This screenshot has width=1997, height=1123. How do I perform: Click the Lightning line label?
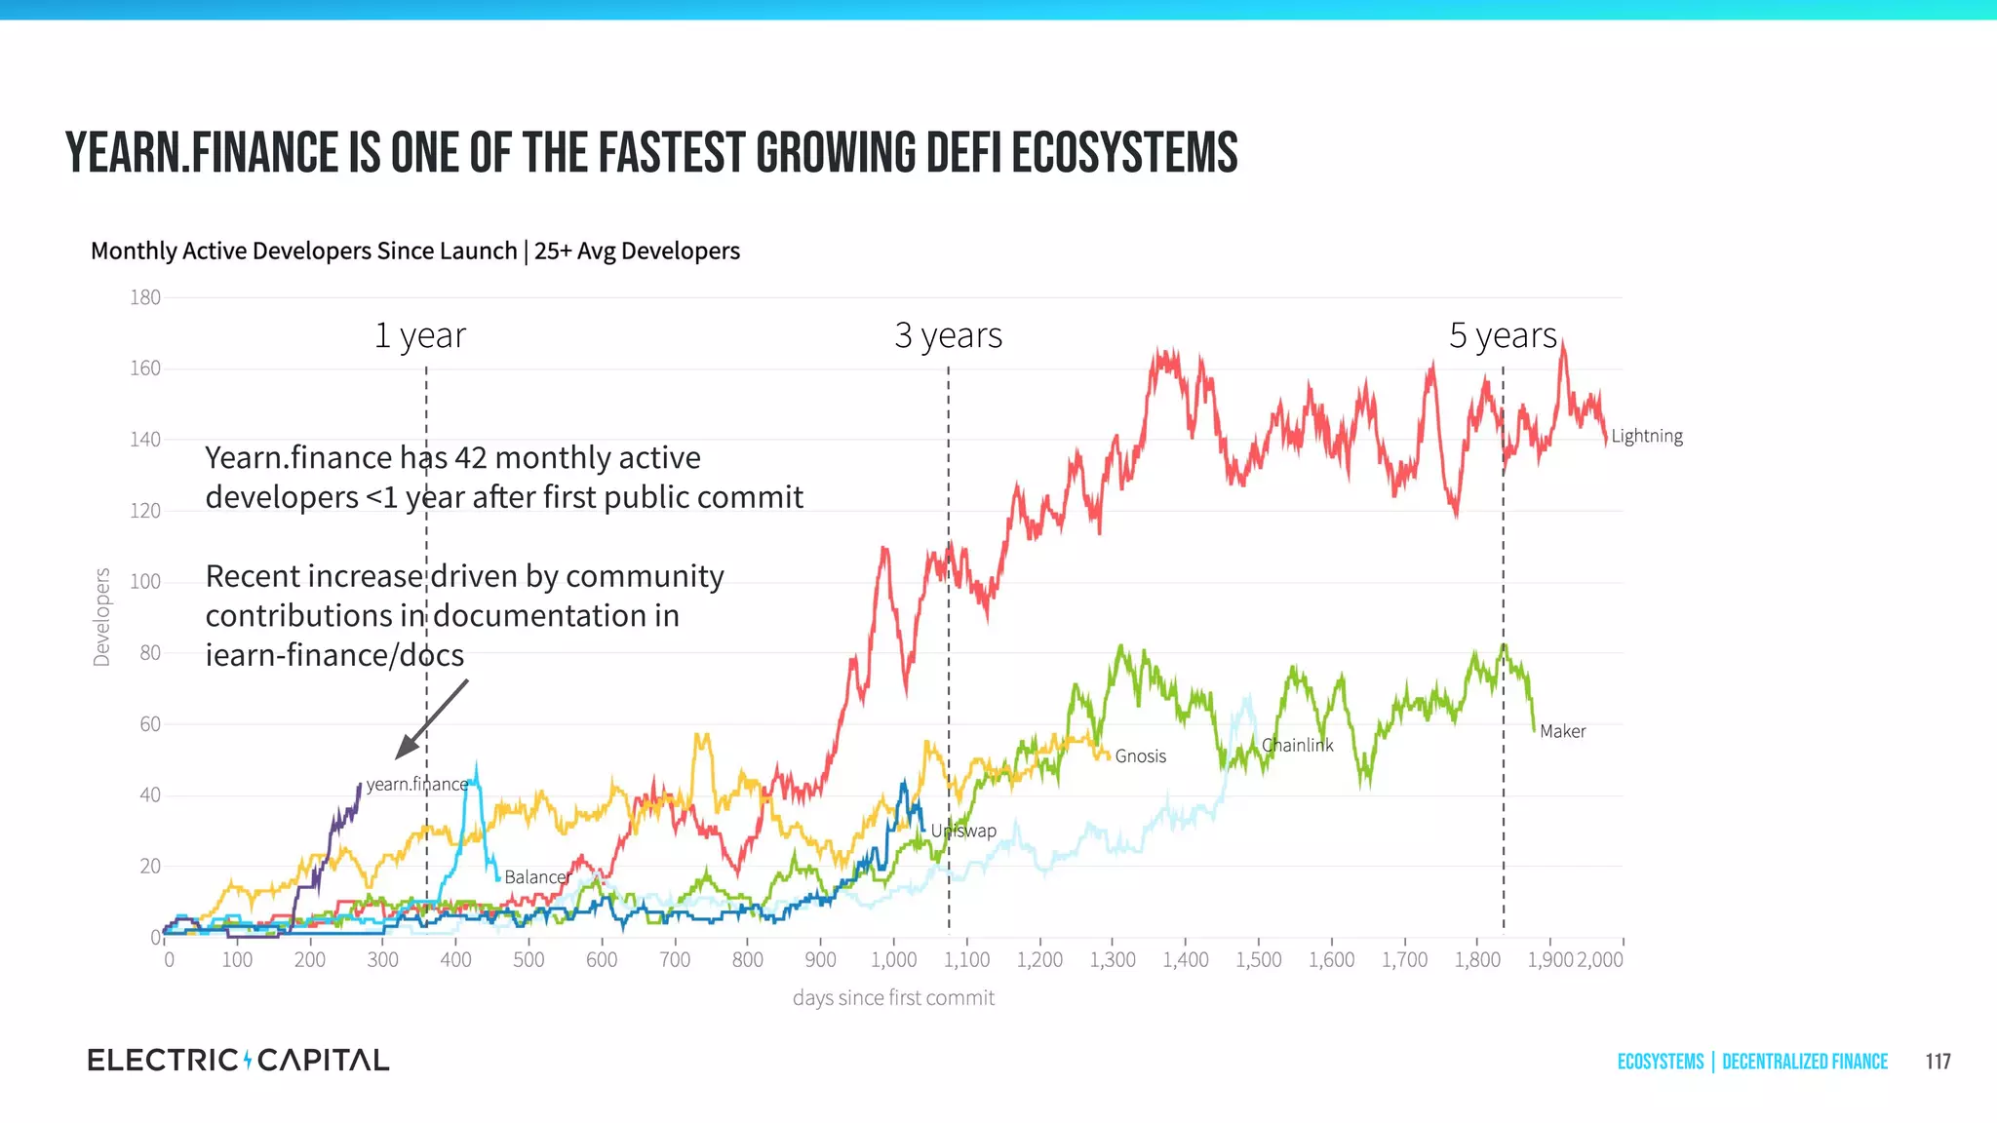point(1646,436)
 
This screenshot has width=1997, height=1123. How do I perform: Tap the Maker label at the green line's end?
point(1562,731)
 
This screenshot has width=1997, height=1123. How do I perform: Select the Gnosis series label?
point(1140,755)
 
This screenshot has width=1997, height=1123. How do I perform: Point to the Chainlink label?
point(1297,745)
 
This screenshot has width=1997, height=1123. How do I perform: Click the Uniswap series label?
point(963,831)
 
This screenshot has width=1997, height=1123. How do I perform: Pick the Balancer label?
point(536,876)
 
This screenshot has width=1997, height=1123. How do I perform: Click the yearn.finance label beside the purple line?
point(416,784)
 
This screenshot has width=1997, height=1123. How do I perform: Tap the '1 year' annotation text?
point(420,335)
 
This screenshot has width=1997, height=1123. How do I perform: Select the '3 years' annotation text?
point(948,335)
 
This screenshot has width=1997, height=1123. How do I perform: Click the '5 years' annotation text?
point(1503,335)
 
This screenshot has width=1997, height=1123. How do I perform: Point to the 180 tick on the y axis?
point(145,297)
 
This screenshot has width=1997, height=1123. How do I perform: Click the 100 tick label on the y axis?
point(145,582)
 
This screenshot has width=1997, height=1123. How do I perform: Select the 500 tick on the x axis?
point(529,959)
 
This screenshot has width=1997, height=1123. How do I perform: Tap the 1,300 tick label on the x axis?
point(1113,959)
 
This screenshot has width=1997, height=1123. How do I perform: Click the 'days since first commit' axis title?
point(893,997)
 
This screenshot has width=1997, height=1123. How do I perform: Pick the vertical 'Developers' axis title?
point(101,617)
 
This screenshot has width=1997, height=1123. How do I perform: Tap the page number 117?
point(1938,1062)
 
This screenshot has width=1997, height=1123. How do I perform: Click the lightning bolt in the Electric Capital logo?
point(248,1060)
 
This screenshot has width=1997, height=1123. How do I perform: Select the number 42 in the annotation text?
point(471,457)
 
